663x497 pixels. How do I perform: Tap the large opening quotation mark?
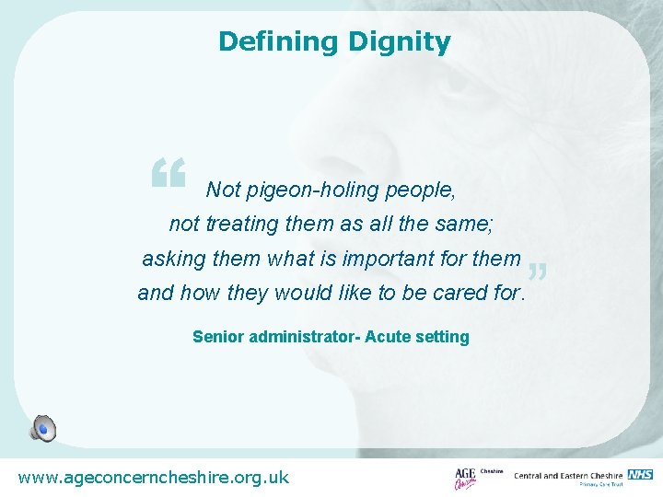[x=169, y=173]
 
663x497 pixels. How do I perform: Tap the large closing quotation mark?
[x=540, y=272]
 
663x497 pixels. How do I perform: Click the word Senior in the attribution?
[x=218, y=337]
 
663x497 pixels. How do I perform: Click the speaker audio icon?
[x=42, y=428]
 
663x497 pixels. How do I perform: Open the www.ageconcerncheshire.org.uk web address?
[x=153, y=478]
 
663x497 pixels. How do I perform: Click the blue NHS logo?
[x=640, y=474]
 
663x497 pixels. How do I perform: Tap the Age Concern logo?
[x=466, y=479]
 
